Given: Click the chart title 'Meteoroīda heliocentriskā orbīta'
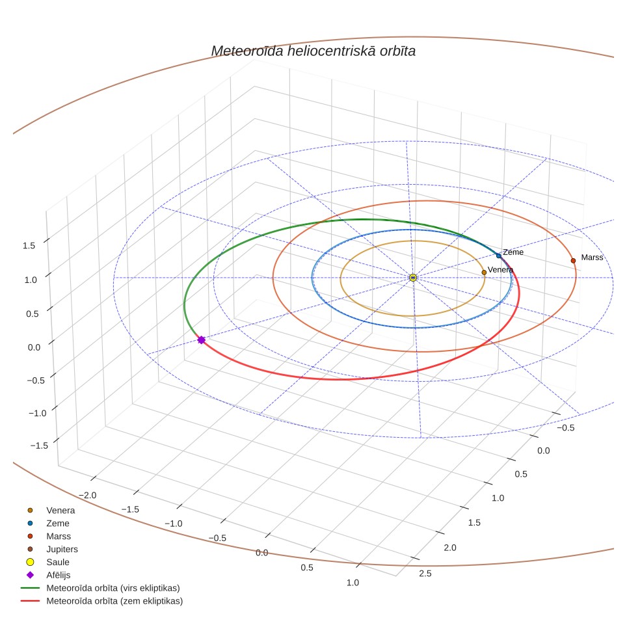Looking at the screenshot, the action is (x=313, y=51).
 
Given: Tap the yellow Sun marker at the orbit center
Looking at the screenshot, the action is (x=413, y=278).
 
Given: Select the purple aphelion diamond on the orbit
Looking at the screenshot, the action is (x=201, y=340).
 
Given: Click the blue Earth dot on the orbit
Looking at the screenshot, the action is (x=499, y=256).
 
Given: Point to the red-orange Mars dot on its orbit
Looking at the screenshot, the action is (x=573, y=261).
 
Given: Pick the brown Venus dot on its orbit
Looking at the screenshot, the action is (x=484, y=273).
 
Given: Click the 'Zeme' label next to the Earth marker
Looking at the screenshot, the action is (x=513, y=252).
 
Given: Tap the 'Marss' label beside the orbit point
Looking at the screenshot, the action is (x=592, y=258).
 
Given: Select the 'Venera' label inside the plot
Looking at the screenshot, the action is (x=500, y=270).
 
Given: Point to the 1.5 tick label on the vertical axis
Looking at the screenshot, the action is (x=29, y=245).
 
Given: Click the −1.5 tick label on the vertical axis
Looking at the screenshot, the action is (x=39, y=446).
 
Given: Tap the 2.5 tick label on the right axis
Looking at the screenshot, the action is (x=425, y=574).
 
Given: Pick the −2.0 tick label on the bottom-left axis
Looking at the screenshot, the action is (x=88, y=495).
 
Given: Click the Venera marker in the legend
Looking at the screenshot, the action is (x=30, y=510).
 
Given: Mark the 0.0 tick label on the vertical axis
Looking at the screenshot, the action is (x=34, y=347).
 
